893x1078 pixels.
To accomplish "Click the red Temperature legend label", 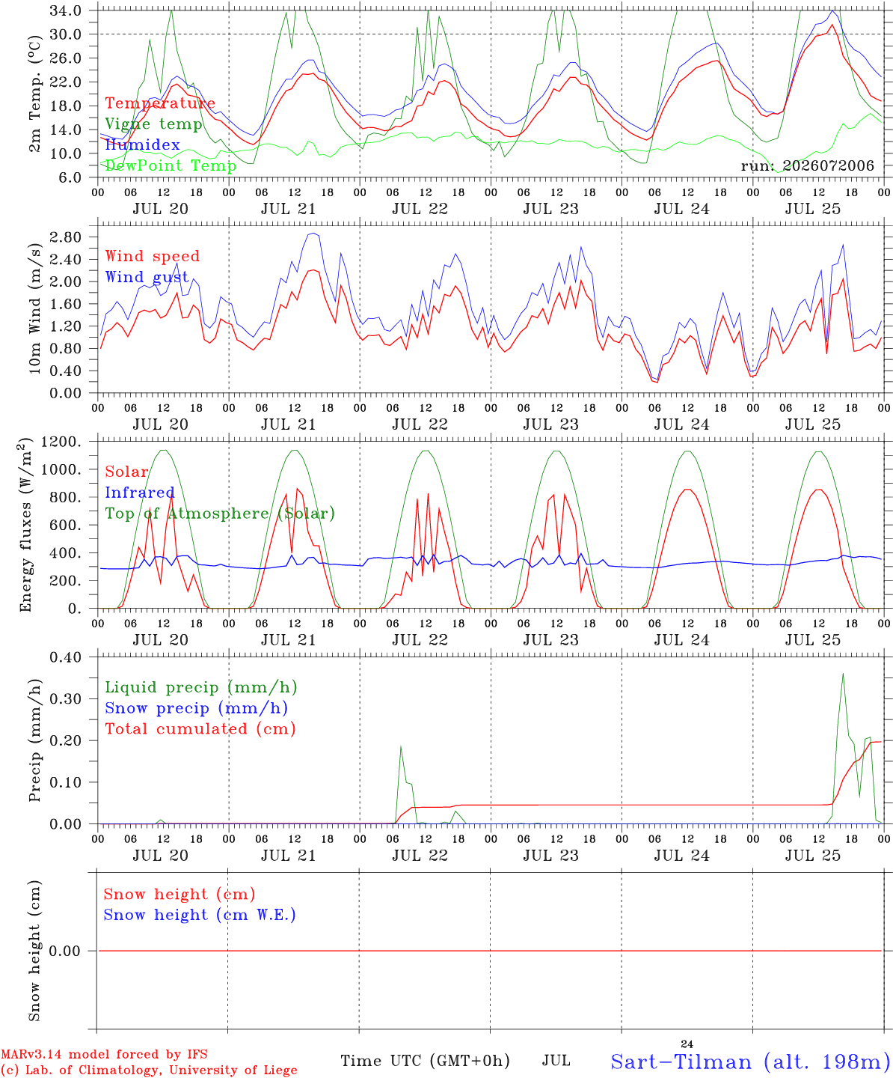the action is click(x=160, y=103).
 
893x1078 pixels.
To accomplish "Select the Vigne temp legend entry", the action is click(x=154, y=124).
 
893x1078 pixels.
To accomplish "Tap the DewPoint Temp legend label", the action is click(x=171, y=165).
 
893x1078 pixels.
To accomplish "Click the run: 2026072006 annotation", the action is click(x=807, y=165).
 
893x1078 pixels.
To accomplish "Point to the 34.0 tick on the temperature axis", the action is click(x=65, y=10).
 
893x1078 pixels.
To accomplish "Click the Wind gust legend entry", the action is click(x=147, y=277).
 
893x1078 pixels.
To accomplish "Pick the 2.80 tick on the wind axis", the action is click(x=65, y=237).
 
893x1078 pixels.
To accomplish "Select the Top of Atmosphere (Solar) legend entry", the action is click(x=220, y=514).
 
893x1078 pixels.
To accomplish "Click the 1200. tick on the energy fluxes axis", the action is click(x=61, y=442).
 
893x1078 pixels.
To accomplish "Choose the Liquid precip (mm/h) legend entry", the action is click(x=201, y=687).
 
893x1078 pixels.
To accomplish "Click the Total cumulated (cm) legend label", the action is click(x=200, y=728).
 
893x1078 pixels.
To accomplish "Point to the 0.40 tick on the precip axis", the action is click(x=65, y=657).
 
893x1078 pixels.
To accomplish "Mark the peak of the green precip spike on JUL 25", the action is click(x=843, y=673).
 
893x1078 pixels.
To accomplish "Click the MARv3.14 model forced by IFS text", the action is click(x=104, y=1054).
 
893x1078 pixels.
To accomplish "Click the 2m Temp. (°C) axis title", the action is click(x=34, y=94).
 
